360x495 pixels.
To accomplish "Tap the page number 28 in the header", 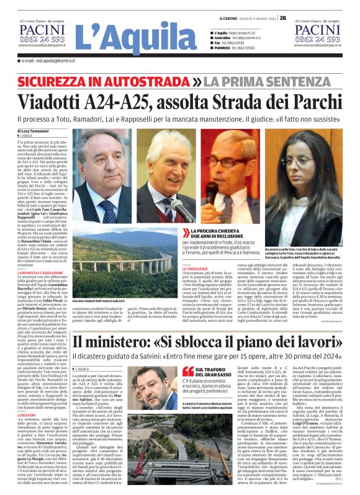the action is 282,4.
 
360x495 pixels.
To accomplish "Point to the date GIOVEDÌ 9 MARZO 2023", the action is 255,4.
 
